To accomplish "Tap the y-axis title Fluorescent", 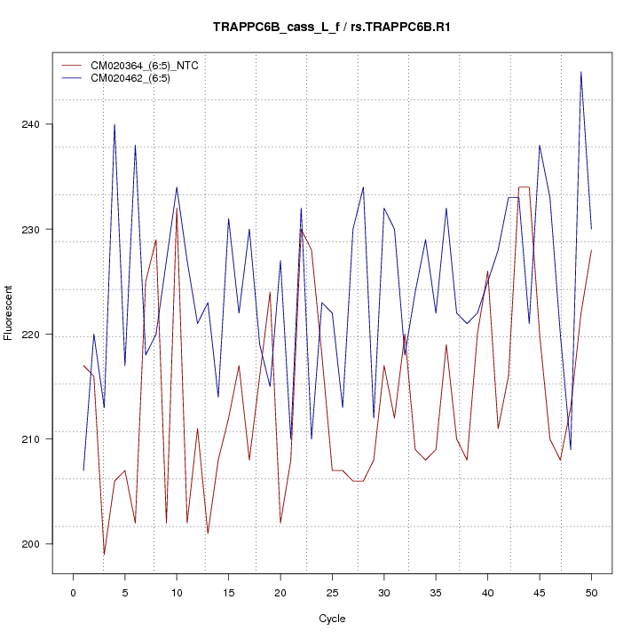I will pyautogui.click(x=10, y=312).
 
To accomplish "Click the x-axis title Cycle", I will pyautogui.click(x=331, y=619).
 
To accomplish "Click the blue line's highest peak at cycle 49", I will pyautogui.click(x=580, y=72).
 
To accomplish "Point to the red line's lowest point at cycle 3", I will pyautogui.click(x=104, y=554).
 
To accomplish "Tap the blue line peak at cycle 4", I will pyautogui.click(x=114, y=125).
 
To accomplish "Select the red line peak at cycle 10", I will pyautogui.click(x=177, y=209).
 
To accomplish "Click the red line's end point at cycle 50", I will pyautogui.click(x=591, y=250).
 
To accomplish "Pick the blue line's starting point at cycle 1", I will pyautogui.click(x=83, y=470).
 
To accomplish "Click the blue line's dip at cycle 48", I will pyautogui.click(x=571, y=449).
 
